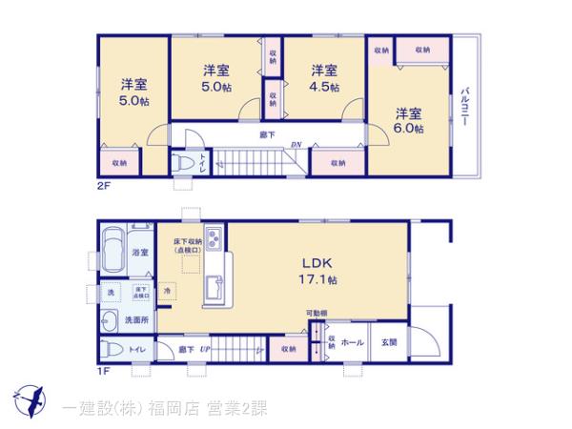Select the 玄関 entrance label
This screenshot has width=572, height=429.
pos(389,341)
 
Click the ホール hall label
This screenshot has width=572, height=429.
pos(352,341)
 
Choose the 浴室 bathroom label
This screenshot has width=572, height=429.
pos(140,252)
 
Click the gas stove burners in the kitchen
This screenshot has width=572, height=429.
pos(213,240)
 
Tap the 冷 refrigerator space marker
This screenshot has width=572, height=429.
pos(167,291)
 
